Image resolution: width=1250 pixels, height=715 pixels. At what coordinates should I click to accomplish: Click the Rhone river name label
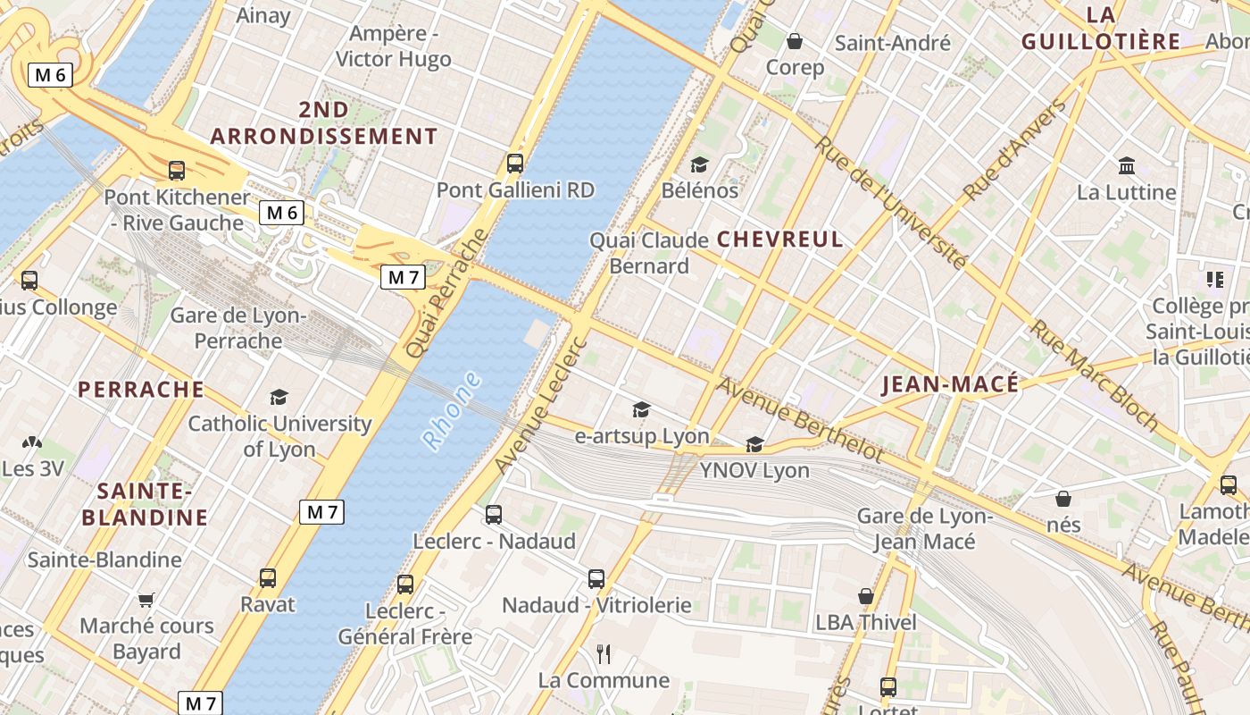(x=452, y=411)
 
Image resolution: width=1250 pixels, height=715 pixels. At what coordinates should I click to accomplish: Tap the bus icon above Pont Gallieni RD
(x=515, y=164)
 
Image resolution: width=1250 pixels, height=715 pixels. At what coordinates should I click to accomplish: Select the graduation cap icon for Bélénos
(x=699, y=165)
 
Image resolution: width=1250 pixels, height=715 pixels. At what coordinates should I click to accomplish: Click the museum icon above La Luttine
(x=1127, y=166)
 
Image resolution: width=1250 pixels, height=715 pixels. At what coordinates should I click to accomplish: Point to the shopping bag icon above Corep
(x=795, y=41)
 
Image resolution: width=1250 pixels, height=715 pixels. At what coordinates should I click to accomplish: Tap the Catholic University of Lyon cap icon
(x=279, y=397)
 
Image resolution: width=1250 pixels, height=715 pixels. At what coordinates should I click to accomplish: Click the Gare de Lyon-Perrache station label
(x=238, y=328)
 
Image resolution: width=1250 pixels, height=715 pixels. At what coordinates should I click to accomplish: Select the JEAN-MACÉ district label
(x=949, y=384)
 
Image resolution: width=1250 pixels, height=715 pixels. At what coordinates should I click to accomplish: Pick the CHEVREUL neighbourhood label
(x=779, y=240)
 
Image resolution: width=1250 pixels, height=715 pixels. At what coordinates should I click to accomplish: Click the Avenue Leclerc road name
(x=541, y=405)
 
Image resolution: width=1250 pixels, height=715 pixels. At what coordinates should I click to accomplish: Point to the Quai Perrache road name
(x=447, y=293)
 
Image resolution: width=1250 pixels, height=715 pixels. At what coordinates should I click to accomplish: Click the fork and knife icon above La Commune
(x=604, y=654)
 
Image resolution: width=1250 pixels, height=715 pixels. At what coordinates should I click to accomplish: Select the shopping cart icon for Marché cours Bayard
(x=146, y=600)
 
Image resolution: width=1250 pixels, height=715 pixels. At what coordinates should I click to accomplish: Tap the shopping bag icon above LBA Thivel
(x=865, y=596)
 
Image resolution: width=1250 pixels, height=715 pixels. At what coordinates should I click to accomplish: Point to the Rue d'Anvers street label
(x=1015, y=150)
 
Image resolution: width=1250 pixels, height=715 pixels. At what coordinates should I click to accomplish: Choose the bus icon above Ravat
(x=268, y=578)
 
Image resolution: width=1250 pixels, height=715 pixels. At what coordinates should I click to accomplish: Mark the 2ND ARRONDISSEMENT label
(x=324, y=123)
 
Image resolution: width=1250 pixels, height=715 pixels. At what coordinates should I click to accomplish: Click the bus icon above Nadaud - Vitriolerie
(x=596, y=579)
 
